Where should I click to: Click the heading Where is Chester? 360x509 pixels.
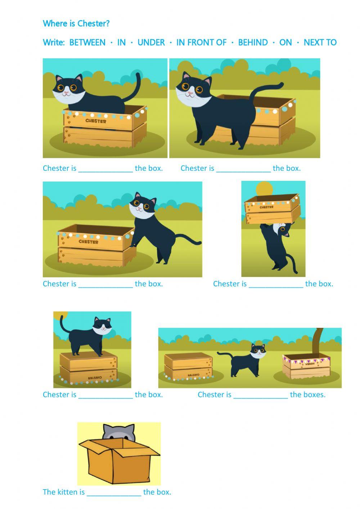click(x=76, y=24)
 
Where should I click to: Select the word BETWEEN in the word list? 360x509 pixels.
click(x=87, y=43)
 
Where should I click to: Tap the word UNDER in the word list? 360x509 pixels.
click(x=151, y=43)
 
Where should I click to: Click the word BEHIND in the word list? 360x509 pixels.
click(x=253, y=43)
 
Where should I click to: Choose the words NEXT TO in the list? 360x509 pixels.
click(x=320, y=43)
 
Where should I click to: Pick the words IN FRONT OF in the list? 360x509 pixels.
click(x=201, y=43)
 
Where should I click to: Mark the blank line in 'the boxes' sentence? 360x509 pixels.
click(x=261, y=396)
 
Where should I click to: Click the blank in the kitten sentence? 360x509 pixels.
click(x=114, y=493)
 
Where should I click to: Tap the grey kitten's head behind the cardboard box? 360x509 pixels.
click(x=118, y=431)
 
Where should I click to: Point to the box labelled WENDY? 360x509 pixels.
click(x=306, y=366)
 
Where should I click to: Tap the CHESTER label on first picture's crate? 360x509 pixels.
click(x=95, y=121)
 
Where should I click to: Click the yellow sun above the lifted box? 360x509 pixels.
click(x=265, y=188)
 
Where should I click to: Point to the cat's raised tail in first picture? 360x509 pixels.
click(x=138, y=85)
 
